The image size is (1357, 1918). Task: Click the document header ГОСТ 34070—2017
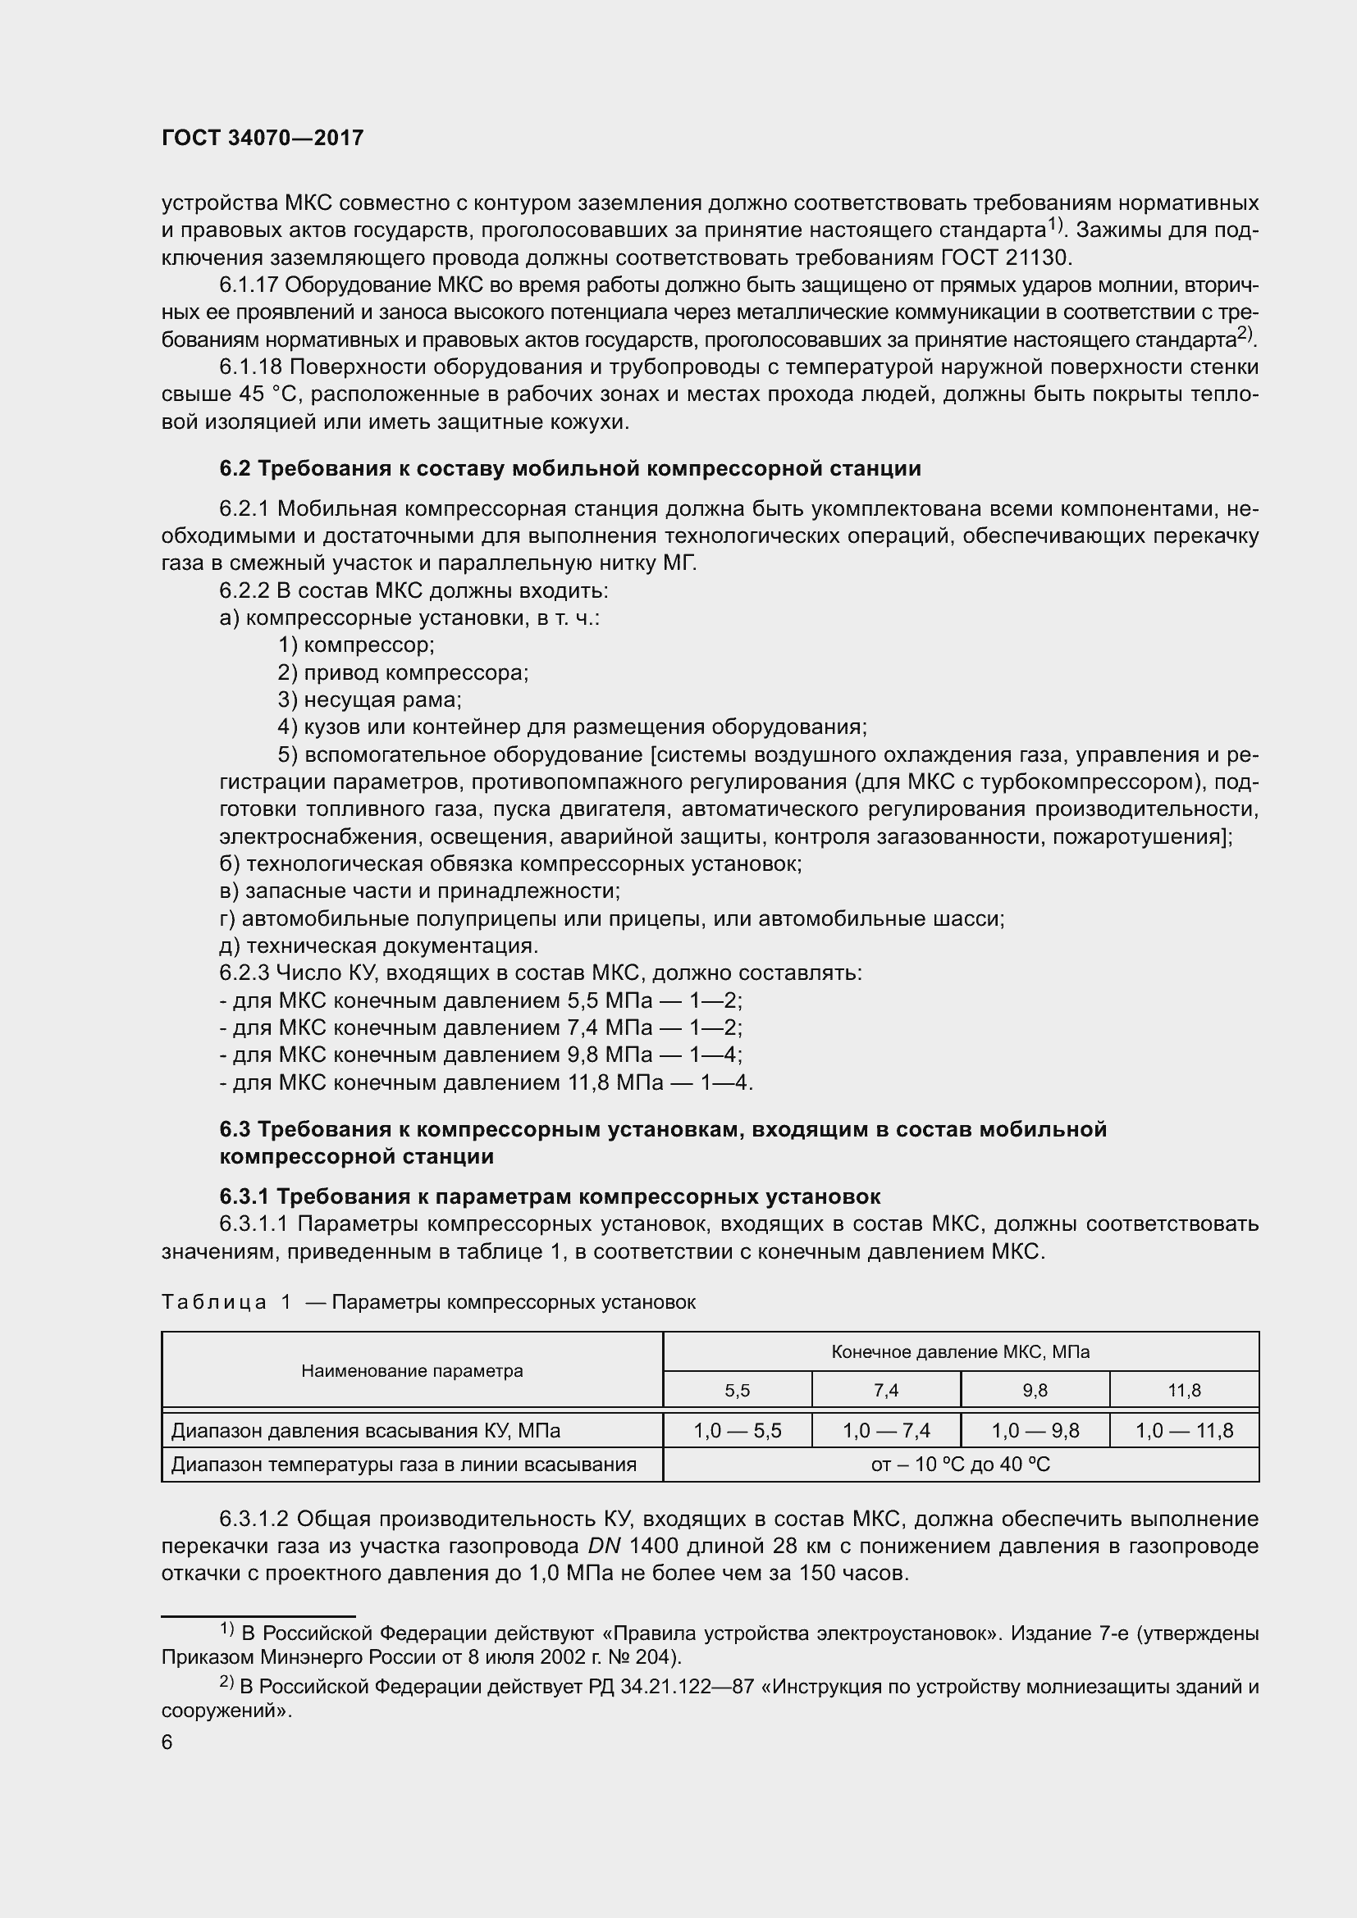pyautogui.click(x=263, y=139)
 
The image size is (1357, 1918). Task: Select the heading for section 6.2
pyautogui.click(x=570, y=469)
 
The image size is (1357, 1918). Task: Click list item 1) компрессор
pyautogui.click(x=356, y=645)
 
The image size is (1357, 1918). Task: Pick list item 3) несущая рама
pyautogui.click(x=369, y=699)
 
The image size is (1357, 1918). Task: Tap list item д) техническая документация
pyautogui.click(x=378, y=945)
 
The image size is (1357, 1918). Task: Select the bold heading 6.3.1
pyautogui.click(x=549, y=1197)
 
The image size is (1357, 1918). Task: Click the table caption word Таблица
pyautogui.click(x=213, y=1302)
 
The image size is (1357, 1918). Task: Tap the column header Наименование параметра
pyautogui.click(x=412, y=1371)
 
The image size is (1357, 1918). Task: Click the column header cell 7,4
pyautogui.click(x=886, y=1391)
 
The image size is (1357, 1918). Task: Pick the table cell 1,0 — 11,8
pyautogui.click(x=1184, y=1431)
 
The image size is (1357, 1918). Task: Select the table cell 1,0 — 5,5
pyautogui.click(x=737, y=1431)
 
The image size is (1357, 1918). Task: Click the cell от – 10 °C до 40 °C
pyautogui.click(x=960, y=1465)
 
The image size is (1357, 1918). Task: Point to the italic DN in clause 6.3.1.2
pyautogui.click(x=604, y=1547)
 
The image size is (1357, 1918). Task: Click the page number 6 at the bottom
pyautogui.click(x=167, y=1743)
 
